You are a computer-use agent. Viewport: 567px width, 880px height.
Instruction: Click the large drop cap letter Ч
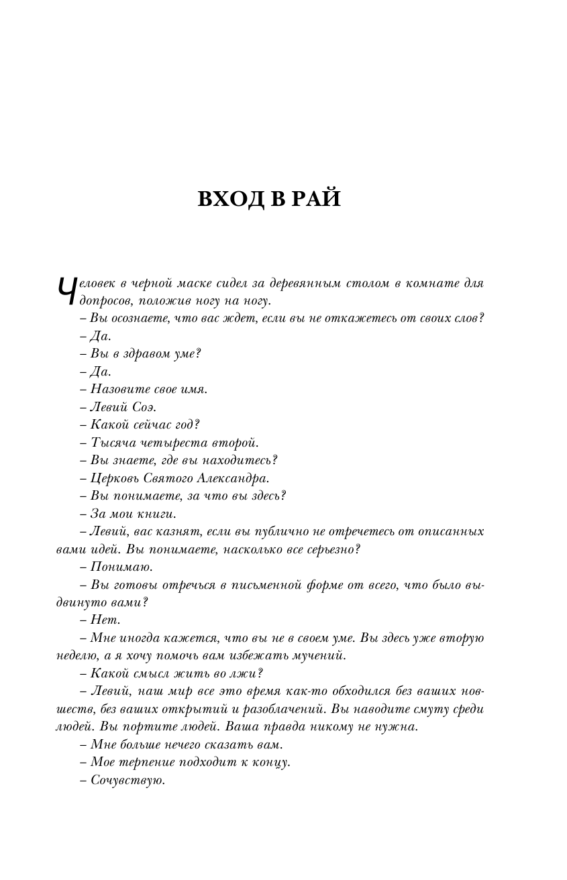[64, 293]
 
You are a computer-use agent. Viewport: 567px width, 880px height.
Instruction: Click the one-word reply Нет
[105, 620]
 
